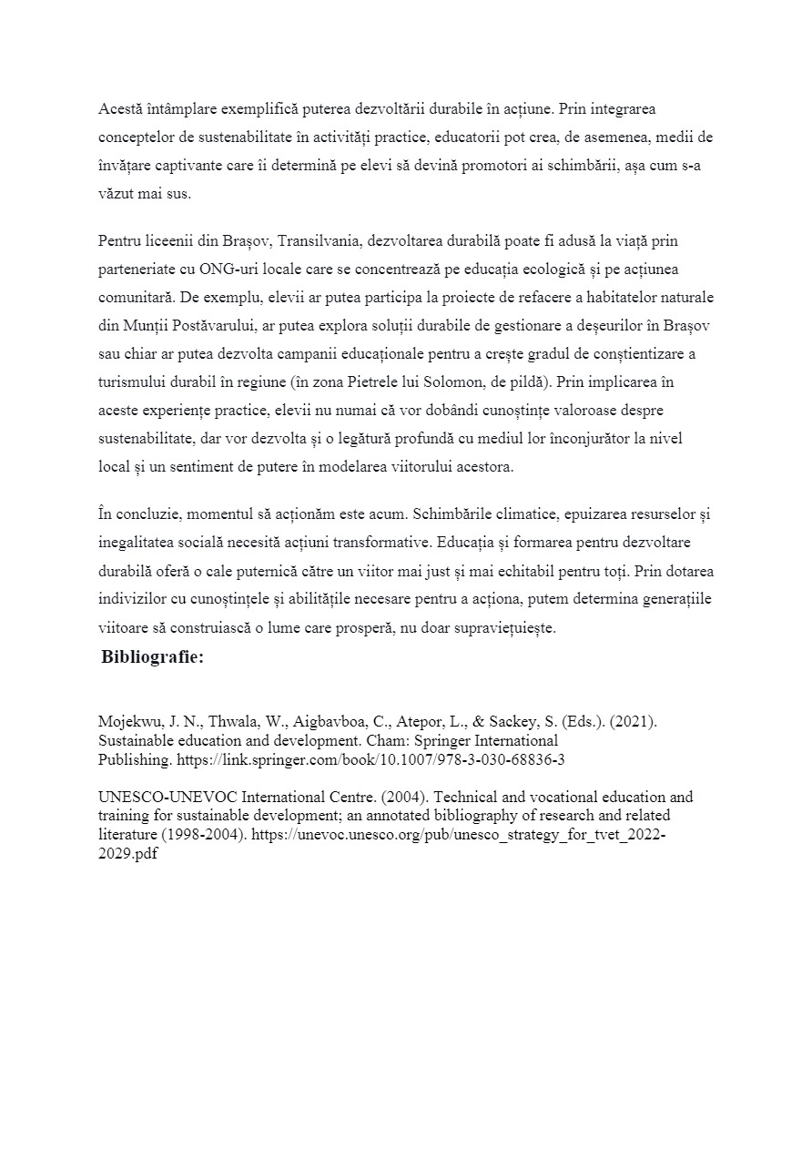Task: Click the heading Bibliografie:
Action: (x=153, y=657)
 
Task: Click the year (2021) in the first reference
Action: (x=634, y=721)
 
